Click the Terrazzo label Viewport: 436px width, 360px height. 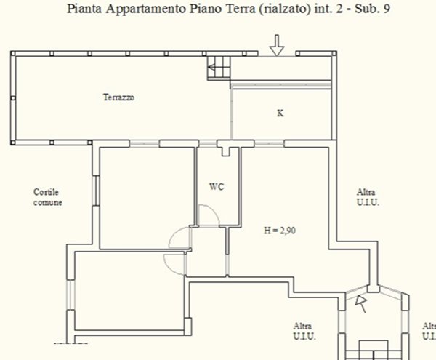[118, 97]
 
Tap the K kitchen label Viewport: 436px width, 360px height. [280, 113]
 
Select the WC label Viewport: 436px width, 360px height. [217, 186]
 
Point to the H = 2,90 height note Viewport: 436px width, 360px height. [280, 231]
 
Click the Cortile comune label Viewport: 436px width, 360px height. [47, 197]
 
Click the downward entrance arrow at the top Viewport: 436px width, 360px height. [278, 45]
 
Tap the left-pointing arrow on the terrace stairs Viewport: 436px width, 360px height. [211, 68]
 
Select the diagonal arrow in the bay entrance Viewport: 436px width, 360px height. [361, 304]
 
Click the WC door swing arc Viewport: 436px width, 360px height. [214, 212]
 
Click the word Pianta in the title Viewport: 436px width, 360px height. [84, 9]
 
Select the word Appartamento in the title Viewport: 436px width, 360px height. [146, 9]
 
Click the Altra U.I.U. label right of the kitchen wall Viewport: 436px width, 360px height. [368, 197]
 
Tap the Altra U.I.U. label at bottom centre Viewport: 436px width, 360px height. [304, 331]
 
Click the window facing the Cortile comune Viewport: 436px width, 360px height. [96, 191]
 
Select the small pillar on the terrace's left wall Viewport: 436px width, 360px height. [13, 98]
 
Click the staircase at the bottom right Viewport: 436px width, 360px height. [374, 350]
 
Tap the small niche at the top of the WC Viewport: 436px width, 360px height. [226, 151]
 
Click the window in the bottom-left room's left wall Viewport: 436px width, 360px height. [71, 295]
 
